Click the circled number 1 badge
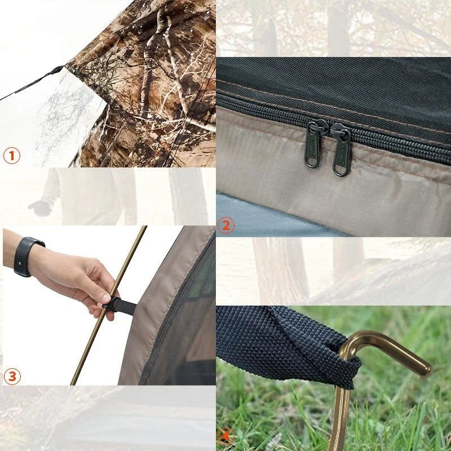click(12, 156)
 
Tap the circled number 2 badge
click(226, 225)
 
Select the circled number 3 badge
click(12, 376)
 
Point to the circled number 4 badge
click(226, 436)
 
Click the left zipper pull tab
click(313, 145)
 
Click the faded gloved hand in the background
click(40, 208)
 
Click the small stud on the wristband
click(19, 263)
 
